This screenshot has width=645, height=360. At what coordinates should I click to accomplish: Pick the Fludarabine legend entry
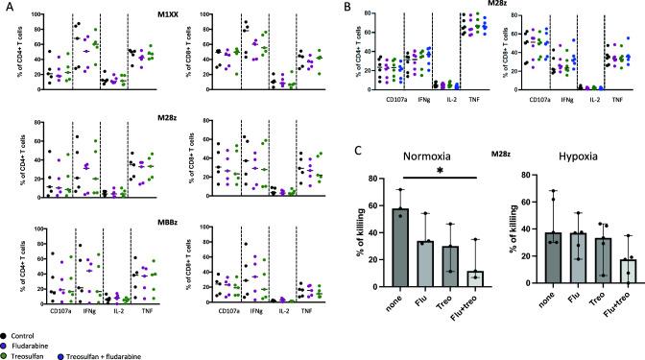[38, 338]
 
